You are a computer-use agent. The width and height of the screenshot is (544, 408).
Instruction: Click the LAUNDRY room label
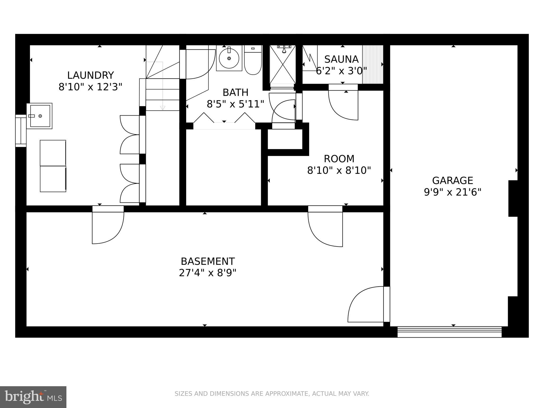coord(90,75)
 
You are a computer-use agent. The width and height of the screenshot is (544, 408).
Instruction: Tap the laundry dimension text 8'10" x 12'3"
coord(90,87)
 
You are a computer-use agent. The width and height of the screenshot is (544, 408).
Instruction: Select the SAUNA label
coord(341,59)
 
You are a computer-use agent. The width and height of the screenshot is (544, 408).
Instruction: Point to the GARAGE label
coord(452,181)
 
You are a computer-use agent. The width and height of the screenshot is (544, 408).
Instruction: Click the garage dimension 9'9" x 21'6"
coord(452,192)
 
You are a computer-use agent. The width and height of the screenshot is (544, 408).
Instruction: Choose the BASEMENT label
coord(208,261)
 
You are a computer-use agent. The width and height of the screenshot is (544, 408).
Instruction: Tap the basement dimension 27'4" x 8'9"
coord(208,273)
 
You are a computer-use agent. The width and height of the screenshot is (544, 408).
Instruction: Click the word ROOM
coord(339,159)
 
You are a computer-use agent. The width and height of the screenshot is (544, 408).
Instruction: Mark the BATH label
coord(235,92)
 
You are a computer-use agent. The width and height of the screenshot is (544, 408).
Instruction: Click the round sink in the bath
coord(229,58)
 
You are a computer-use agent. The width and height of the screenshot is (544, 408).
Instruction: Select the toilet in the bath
coord(253,60)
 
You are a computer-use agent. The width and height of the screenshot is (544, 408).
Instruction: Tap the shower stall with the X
coord(283,65)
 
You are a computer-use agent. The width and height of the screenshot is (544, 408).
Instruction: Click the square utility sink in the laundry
coord(40,116)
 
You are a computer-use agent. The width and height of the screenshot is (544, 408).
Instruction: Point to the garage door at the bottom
coord(449,332)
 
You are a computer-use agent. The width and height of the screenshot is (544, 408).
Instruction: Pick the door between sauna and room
coord(343,102)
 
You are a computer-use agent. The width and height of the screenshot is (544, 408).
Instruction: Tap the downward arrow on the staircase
coord(163,108)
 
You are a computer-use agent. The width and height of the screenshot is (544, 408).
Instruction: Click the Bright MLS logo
coord(33,397)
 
